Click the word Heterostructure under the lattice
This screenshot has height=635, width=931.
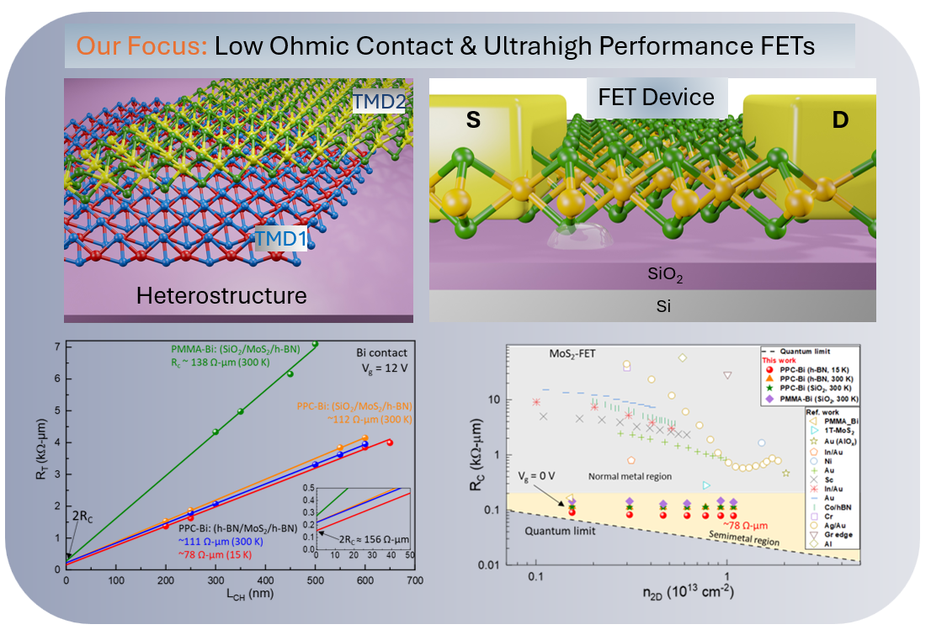click(221, 295)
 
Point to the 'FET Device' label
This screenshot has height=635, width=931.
click(656, 97)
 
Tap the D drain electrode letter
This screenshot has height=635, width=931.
click(839, 120)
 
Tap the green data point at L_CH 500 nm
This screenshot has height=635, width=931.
click(315, 344)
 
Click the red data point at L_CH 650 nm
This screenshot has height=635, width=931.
click(389, 442)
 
